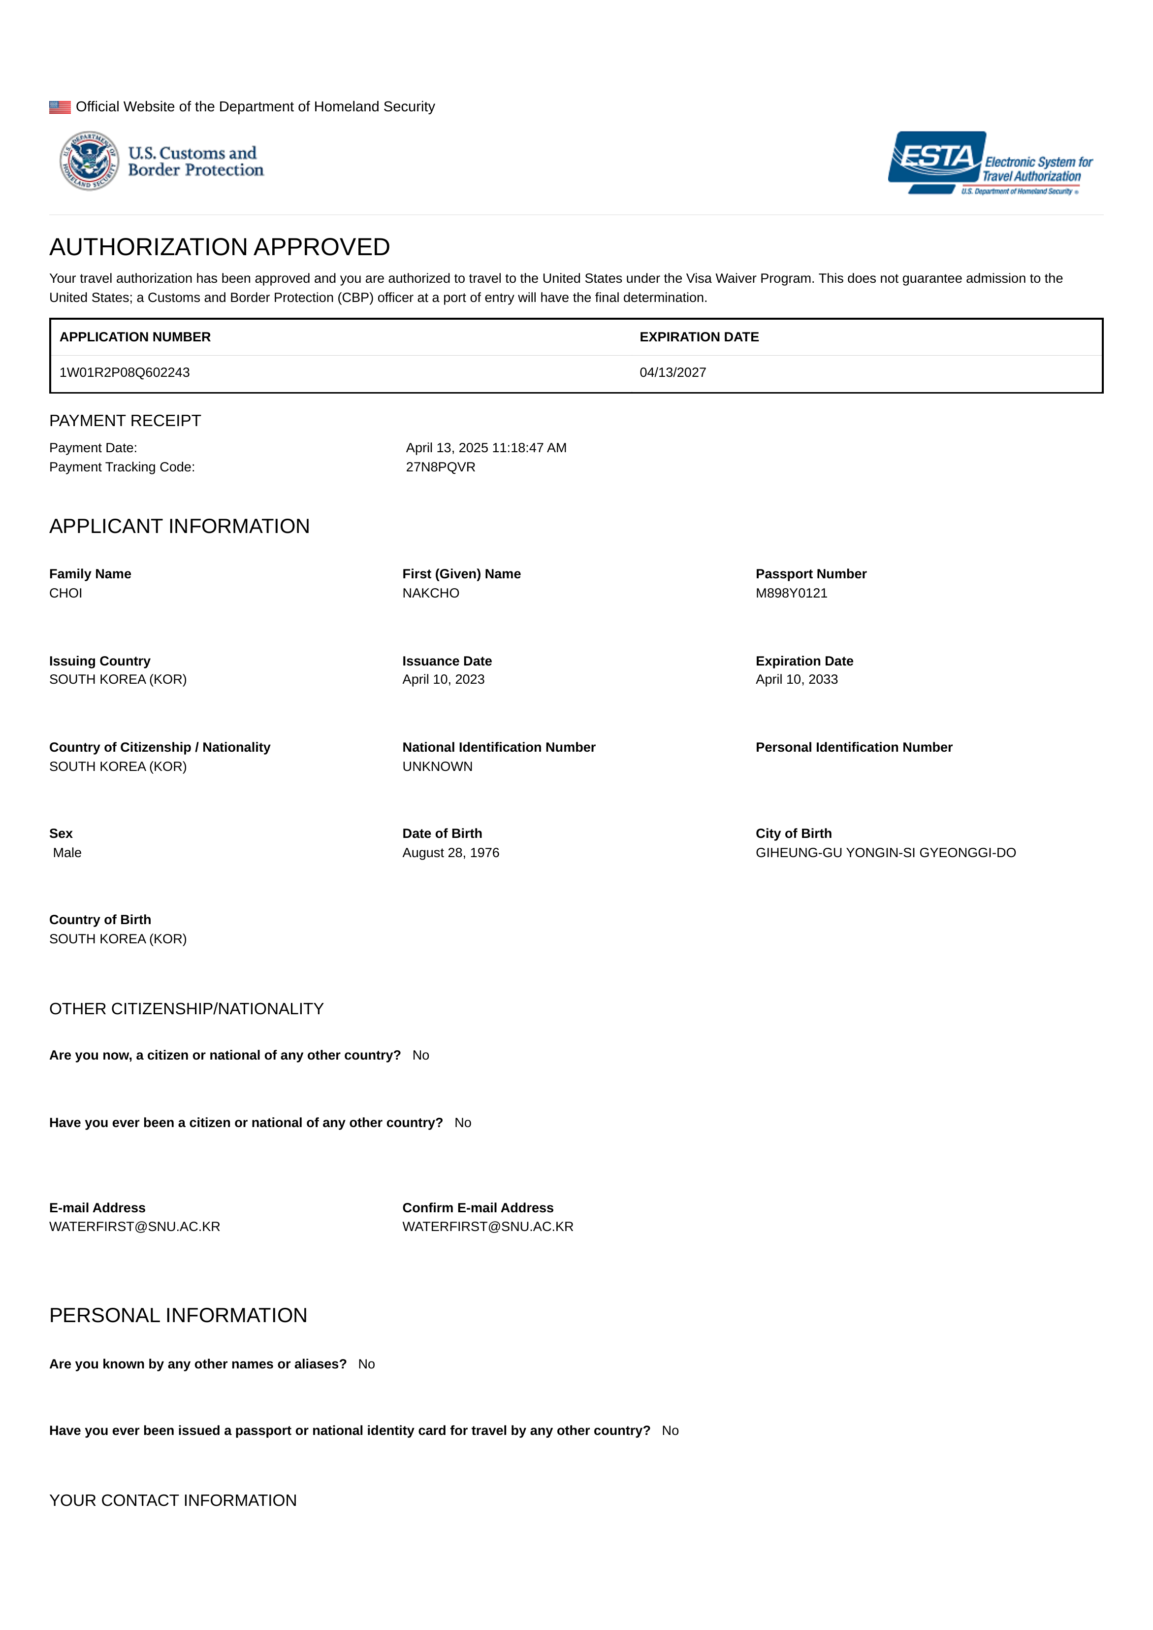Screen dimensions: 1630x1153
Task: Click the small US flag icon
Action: [x=60, y=107]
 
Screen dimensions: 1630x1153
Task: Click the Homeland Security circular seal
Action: [x=90, y=161]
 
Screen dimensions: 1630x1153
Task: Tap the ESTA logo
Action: [x=990, y=163]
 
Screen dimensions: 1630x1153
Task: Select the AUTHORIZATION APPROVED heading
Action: [x=220, y=247]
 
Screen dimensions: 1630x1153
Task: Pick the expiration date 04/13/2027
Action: [x=673, y=373]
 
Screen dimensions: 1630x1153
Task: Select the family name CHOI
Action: [x=66, y=594]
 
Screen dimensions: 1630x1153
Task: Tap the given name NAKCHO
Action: [x=430, y=594]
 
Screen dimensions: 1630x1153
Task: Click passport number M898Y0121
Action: [x=791, y=594]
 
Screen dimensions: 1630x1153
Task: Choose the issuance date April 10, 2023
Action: [x=443, y=680]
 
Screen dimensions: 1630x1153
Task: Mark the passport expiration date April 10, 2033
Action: [x=796, y=680]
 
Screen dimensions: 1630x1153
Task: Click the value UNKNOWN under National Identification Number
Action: [x=437, y=767]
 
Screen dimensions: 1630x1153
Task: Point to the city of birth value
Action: [x=885, y=853]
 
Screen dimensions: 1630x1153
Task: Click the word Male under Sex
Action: [x=67, y=853]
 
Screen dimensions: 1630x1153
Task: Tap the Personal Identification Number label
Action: [x=853, y=748]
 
